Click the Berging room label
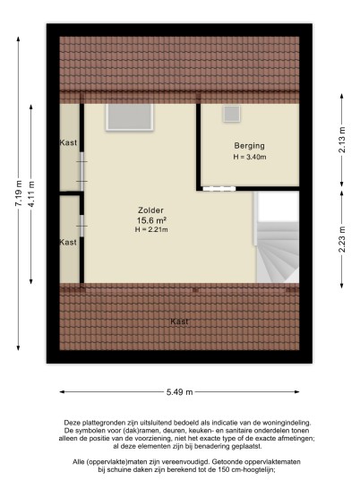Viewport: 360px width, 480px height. pos(249,146)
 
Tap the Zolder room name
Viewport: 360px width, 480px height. pos(150,210)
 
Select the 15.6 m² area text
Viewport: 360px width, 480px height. pos(151,220)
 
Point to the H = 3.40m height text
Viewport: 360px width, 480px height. pos(250,157)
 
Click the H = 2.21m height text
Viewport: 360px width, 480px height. pos(151,229)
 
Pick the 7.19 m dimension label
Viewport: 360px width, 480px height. pos(19,193)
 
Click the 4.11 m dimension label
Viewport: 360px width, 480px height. pos(31,193)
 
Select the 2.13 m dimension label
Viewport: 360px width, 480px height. pos(342,140)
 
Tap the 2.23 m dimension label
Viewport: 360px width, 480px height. pos(342,239)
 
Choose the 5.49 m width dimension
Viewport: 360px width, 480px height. pos(180,392)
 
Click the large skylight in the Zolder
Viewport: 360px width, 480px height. pos(129,117)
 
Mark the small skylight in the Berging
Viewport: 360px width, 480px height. pos(231,114)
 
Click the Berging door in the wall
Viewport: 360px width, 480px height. pos(219,189)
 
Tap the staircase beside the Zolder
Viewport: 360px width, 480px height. pos(278,237)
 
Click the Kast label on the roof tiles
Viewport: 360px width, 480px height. pos(179,321)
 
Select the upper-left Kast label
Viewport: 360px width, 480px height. pos(68,142)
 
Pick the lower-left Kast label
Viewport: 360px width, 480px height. pos(68,242)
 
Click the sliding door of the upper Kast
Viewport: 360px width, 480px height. pos(82,171)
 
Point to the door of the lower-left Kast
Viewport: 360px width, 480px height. pos(82,226)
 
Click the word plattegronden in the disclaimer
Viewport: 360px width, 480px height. pos(101,423)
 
